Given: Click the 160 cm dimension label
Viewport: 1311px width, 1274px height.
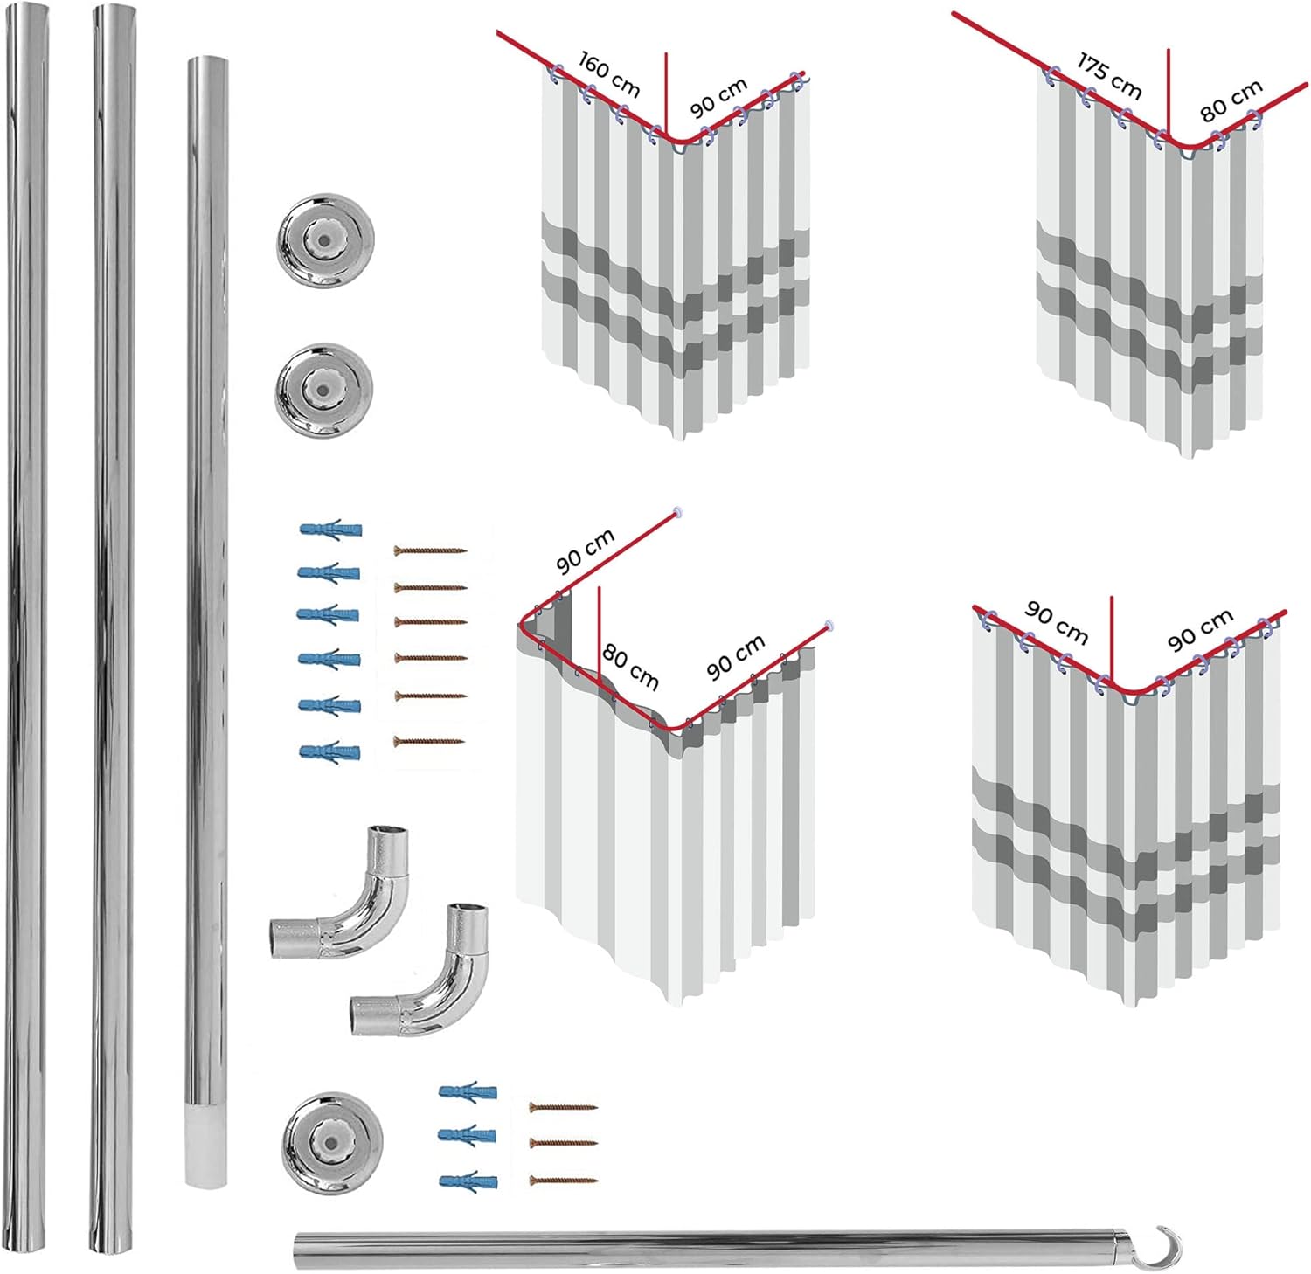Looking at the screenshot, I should coord(609,74).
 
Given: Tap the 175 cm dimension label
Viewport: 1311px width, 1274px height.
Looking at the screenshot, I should coord(1109,76).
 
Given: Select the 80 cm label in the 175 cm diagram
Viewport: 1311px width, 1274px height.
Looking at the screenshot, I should coord(1231,100).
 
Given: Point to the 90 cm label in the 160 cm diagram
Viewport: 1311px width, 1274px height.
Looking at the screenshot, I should coord(718,98).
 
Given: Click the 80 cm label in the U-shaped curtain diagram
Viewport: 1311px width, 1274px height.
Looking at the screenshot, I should coord(629,667).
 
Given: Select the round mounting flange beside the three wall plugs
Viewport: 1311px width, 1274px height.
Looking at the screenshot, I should coord(331,1142).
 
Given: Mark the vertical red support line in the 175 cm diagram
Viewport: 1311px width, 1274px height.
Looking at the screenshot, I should coord(1169,87).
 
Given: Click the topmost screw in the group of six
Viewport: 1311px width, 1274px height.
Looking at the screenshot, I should coord(430,551).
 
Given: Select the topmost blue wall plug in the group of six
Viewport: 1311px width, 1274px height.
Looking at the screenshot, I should coord(329,530).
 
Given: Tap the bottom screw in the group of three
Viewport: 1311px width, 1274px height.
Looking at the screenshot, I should coord(563,1181).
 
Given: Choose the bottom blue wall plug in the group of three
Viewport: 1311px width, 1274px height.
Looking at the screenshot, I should coord(468,1181).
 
